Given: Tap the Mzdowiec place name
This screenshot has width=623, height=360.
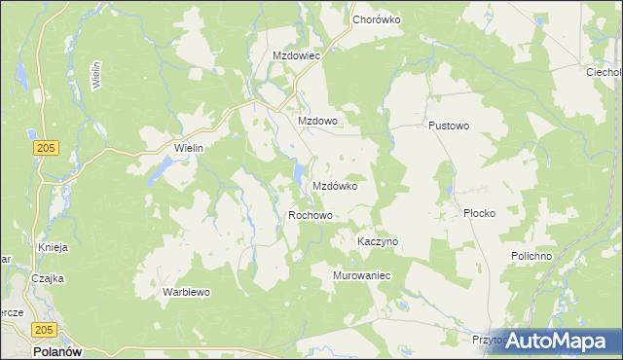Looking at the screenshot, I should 297,55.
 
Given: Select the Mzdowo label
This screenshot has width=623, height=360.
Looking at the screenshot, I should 316,121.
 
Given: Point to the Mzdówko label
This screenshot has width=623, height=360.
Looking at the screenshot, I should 335,185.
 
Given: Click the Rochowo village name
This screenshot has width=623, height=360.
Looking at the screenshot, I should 311,215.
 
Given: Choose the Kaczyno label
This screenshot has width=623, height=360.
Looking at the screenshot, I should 378,240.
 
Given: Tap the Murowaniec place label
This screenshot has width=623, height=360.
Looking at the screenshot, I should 362,275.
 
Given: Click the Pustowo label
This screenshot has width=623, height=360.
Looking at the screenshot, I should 449,126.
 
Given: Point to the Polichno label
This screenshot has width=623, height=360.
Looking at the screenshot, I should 531,255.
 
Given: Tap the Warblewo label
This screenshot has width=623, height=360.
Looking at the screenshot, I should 186,291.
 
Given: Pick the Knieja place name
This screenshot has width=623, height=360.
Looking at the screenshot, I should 53,247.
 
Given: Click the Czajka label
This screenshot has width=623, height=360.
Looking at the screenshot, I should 47,278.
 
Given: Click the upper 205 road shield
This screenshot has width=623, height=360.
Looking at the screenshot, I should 42,146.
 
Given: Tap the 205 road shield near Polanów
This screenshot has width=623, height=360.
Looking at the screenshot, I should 42,331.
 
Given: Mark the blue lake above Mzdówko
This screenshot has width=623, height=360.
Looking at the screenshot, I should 296,175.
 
